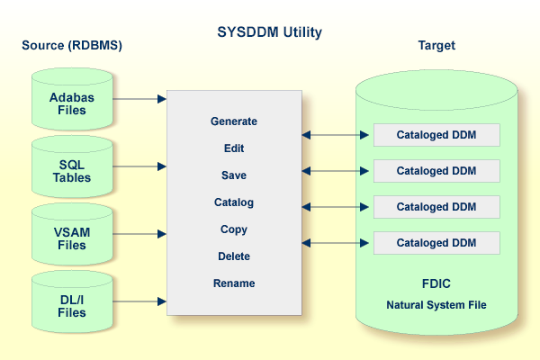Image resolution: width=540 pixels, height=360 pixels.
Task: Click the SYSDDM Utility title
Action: coord(269,32)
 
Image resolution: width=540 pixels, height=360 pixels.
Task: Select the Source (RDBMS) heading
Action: coord(71,45)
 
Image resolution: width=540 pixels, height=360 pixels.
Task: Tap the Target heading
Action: coord(436,45)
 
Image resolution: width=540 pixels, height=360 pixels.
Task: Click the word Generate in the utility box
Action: coord(234,121)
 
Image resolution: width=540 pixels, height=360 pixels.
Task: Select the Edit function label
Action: coord(234,148)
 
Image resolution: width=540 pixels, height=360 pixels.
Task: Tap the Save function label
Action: coord(234,175)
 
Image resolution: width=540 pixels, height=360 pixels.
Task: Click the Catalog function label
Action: coord(234,202)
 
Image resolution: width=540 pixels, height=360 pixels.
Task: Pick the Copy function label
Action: coord(234,229)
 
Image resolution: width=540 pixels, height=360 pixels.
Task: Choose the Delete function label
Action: coord(234,256)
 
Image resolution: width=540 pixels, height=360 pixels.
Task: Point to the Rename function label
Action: coord(234,283)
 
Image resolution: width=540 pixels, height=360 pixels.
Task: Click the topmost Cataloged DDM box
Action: coord(436,135)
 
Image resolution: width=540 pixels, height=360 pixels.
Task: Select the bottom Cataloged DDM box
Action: coord(436,243)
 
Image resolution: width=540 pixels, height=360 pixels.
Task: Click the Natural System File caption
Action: coord(436,305)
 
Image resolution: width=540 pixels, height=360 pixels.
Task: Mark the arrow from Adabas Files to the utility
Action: coord(140,98)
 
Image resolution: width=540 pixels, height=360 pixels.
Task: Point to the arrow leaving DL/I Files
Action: coord(140,301)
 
